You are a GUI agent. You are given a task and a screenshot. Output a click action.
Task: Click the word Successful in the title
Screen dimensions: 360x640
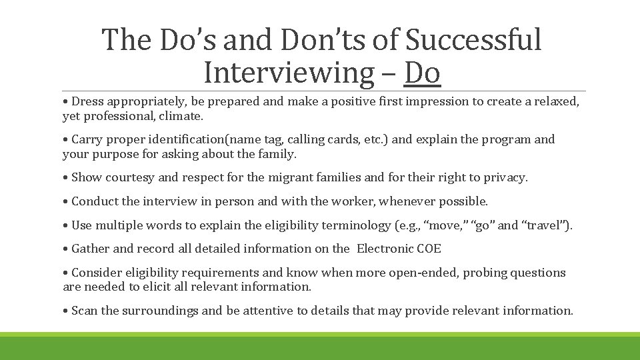coord(474,40)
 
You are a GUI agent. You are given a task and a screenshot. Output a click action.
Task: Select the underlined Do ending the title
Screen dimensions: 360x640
coord(423,73)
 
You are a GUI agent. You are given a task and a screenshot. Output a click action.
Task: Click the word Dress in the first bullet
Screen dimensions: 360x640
coord(87,101)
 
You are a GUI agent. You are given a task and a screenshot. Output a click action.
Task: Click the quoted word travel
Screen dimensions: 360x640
coord(545,225)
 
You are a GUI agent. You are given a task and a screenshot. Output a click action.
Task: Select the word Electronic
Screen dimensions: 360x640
coord(385,249)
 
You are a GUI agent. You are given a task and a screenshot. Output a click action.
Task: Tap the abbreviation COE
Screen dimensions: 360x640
coord(429,249)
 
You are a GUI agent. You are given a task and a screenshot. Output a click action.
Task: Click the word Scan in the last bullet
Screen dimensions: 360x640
coord(84,310)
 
